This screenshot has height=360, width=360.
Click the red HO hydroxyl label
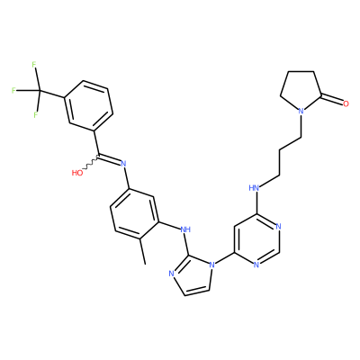77,173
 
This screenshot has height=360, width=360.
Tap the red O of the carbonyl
346,104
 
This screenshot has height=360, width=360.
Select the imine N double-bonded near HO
122,164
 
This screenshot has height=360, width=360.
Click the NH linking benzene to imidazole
185,229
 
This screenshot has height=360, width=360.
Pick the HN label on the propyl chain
255,188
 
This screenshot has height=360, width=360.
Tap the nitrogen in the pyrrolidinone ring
301,112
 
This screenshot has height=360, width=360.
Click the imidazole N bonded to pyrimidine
212,265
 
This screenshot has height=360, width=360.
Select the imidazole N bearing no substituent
171,274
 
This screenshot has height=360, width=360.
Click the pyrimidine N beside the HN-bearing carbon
279,227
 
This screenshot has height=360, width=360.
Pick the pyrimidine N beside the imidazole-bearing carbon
256,265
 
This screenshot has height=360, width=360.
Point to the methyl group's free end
145,265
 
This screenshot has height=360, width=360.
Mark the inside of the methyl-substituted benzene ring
134,214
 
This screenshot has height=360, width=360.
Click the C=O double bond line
332,100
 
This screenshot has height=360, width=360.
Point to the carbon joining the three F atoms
40,90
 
